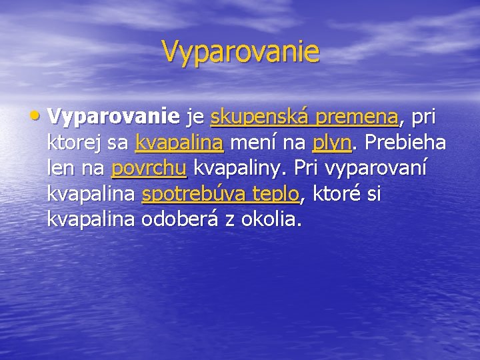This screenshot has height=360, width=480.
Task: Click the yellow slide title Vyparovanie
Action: [240, 51]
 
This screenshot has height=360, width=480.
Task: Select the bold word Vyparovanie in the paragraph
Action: [113, 117]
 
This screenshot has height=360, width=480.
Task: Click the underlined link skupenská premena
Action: [304, 117]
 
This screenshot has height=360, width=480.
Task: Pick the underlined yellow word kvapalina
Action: [179, 143]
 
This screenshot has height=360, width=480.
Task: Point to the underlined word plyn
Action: [328, 143]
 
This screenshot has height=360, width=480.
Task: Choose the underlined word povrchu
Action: [149, 168]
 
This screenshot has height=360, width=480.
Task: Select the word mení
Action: [253, 143]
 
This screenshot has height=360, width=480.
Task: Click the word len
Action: [61, 168]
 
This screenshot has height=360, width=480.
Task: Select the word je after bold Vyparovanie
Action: [195, 119]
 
